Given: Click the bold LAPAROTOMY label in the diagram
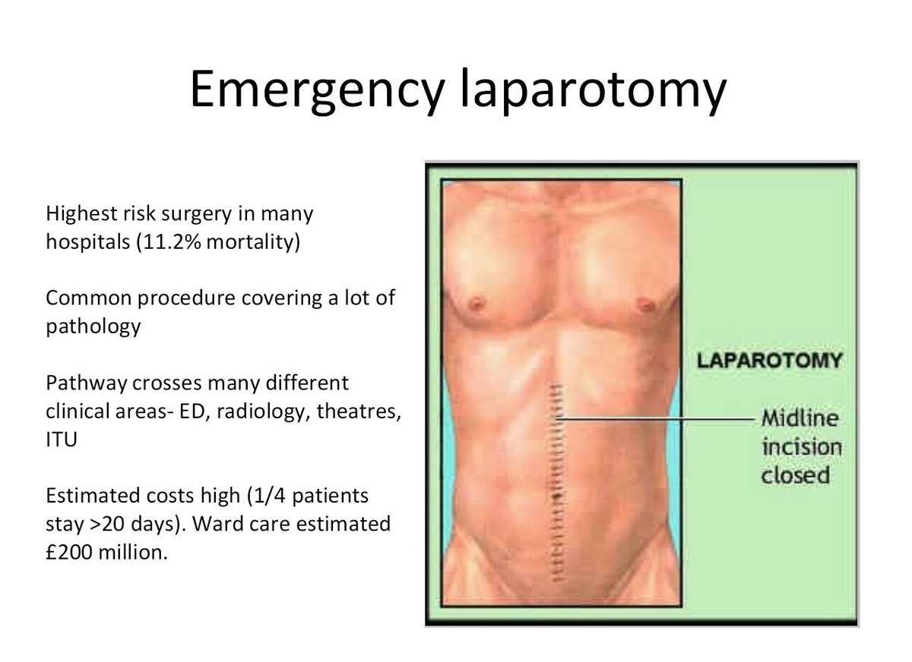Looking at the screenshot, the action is [770, 359].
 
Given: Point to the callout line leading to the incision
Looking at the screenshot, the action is [654, 419].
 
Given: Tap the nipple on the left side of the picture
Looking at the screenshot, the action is [477, 304].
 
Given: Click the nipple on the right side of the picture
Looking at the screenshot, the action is [645, 304].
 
